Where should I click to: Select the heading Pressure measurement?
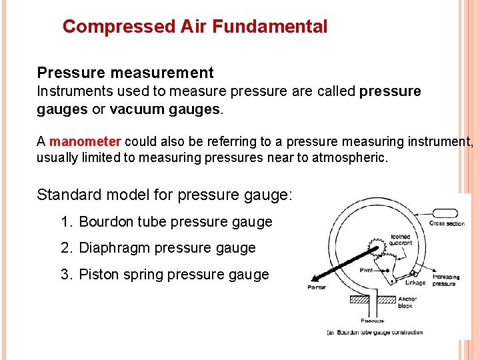pos(125,73)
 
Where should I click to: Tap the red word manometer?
pos(85,141)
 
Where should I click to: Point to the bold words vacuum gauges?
pos(165,109)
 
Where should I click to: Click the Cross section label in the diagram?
pos(447,224)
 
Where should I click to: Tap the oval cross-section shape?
pos(446,213)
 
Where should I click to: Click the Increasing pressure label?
pos(445,280)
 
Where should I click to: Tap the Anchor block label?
pos(405,302)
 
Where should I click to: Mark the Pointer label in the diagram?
pos(317,287)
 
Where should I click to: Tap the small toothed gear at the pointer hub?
pos(379,251)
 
